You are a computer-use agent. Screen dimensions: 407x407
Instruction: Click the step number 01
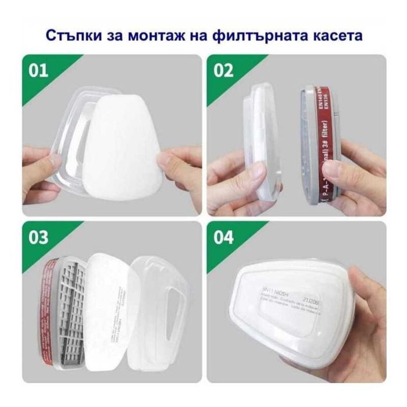point(39,71)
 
